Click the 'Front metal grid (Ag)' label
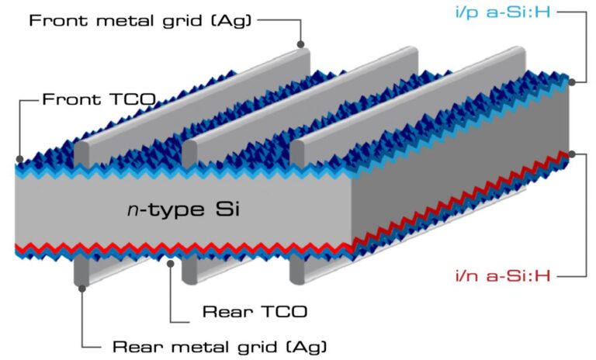[x=140, y=20]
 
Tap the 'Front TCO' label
[x=99, y=99]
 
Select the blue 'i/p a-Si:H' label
[x=503, y=12]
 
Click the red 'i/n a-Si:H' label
[x=503, y=275]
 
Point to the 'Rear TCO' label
[x=255, y=312]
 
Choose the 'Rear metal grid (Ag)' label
[x=220, y=347]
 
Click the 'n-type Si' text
[x=184, y=209]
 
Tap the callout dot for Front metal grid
[x=300, y=44]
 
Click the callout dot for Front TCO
[x=19, y=159]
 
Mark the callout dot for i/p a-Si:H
[x=572, y=81]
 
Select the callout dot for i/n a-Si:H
[x=572, y=154]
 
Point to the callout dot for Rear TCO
[x=171, y=263]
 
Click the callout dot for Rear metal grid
[x=82, y=289]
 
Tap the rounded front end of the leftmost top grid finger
[x=81, y=154]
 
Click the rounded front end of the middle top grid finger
[x=189, y=154]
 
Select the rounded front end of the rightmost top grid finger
[x=297, y=154]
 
